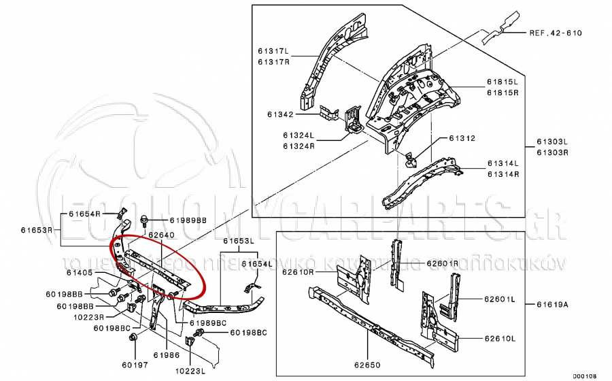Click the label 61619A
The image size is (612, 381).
tap(552, 304)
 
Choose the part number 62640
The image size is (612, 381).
tap(162, 235)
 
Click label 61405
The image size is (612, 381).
tap(80, 272)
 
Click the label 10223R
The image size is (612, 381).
tap(89, 316)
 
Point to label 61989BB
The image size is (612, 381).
tap(188, 220)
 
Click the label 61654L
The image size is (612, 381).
tap(257, 264)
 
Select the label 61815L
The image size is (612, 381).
tap(503, 81)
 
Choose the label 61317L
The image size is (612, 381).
tap(273, 52)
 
